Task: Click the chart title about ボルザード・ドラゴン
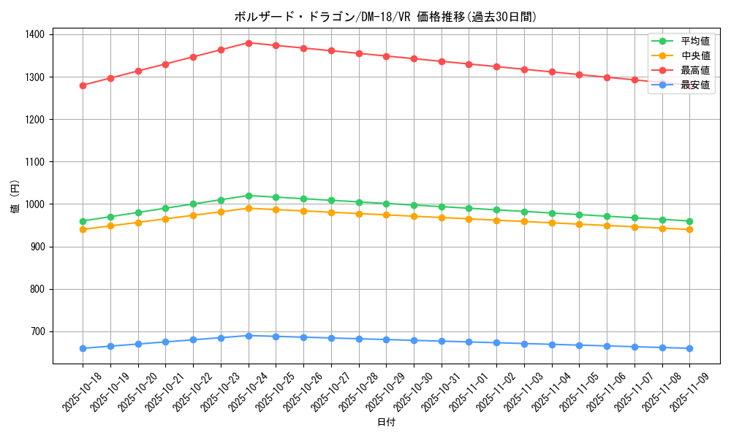[385, 17]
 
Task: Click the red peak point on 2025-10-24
[249, 43]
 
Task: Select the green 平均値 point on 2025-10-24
[249, 196]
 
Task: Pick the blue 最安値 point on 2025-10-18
[83, 348]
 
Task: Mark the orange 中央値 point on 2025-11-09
[689, 229]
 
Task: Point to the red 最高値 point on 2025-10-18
[83, 85]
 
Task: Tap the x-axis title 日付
[386, 423]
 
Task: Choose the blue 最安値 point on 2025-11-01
[469, 342]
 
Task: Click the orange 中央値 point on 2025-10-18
[83, 229]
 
